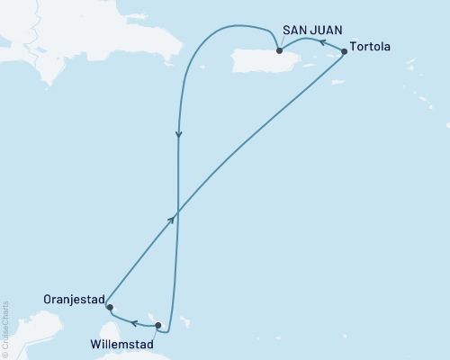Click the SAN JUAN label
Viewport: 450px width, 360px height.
click(x=312, y=31)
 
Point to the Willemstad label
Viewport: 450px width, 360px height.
click(x=122, y=342)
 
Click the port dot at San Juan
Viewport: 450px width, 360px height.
click(x=279, y=63)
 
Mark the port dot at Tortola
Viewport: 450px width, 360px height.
click(x=344, y=52)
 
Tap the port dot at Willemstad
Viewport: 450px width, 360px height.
click(x=158, y=326)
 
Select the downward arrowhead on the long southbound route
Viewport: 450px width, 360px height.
click(x=179, y=136)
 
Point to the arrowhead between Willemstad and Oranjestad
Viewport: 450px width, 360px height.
click(x=132, y=321)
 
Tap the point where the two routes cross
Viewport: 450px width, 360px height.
click(x=178, y=212)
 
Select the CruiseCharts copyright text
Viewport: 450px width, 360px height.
click(x=4, y=329)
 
